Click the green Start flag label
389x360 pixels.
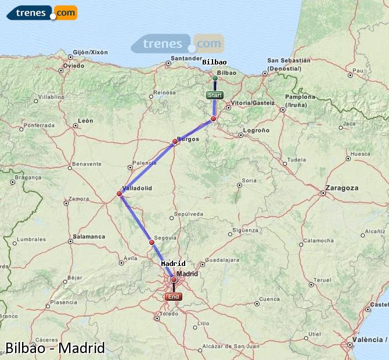[214, 95]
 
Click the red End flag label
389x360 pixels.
[174, 296]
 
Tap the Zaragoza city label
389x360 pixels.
[342, 188]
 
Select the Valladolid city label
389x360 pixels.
[137, 188]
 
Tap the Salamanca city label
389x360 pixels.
[89, 237]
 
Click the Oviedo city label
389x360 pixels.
[74, 66]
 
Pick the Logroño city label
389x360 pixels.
[256, 131]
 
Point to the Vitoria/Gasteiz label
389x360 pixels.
[253, 103]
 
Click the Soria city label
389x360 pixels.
[249, 181]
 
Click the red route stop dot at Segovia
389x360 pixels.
[152, 242]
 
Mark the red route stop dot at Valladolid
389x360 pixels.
[120, 193]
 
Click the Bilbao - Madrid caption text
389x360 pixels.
[55, 348]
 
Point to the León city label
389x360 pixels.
[86, 121]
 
